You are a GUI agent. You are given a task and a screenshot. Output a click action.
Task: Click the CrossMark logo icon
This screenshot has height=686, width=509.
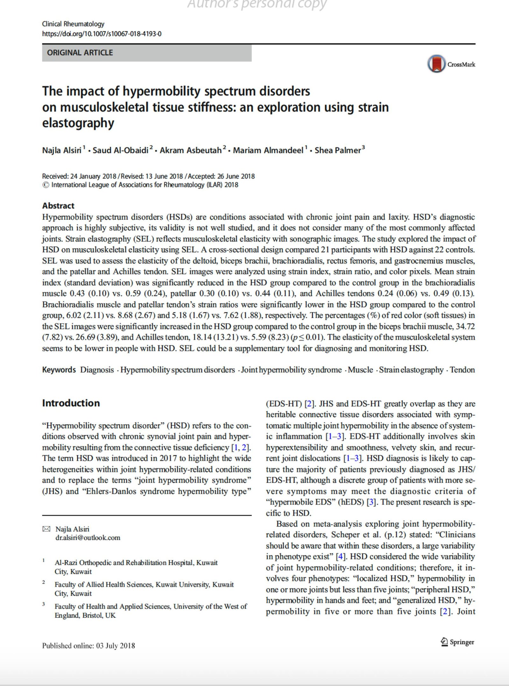(436, 64)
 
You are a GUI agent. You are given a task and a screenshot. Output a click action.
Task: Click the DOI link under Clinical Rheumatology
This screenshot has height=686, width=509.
(102, 34)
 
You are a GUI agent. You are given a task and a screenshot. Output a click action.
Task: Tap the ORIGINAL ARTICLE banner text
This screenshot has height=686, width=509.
(80, 53)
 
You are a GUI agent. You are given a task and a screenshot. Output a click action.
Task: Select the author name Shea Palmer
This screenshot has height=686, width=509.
(338, 150)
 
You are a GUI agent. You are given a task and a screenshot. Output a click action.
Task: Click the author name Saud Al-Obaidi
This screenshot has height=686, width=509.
(121, 150)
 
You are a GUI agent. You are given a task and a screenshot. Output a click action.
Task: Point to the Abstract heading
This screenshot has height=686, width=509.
(58, 206)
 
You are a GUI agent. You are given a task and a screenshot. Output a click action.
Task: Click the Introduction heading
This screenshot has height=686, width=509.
(71, 403)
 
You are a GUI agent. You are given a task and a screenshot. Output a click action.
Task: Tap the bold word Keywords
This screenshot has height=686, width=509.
(59, 370)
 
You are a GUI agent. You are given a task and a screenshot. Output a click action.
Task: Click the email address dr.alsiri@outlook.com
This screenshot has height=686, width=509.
(88, 538)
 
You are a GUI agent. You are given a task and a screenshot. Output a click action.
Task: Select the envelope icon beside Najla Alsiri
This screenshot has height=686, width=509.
(46, 529)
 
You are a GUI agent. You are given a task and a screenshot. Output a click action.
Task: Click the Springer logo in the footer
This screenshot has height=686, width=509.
(457, 642)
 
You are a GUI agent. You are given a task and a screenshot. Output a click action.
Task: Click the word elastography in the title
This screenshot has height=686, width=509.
(78, 123)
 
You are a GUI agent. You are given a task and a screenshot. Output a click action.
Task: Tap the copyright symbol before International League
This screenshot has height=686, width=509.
(45, 185)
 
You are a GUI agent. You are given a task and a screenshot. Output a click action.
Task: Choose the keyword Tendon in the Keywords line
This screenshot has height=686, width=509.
(462, 370)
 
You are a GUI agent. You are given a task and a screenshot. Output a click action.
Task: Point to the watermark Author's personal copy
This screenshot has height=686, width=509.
(257, 4)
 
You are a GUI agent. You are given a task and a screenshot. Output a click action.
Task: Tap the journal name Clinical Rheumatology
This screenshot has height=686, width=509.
(73, 24)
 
